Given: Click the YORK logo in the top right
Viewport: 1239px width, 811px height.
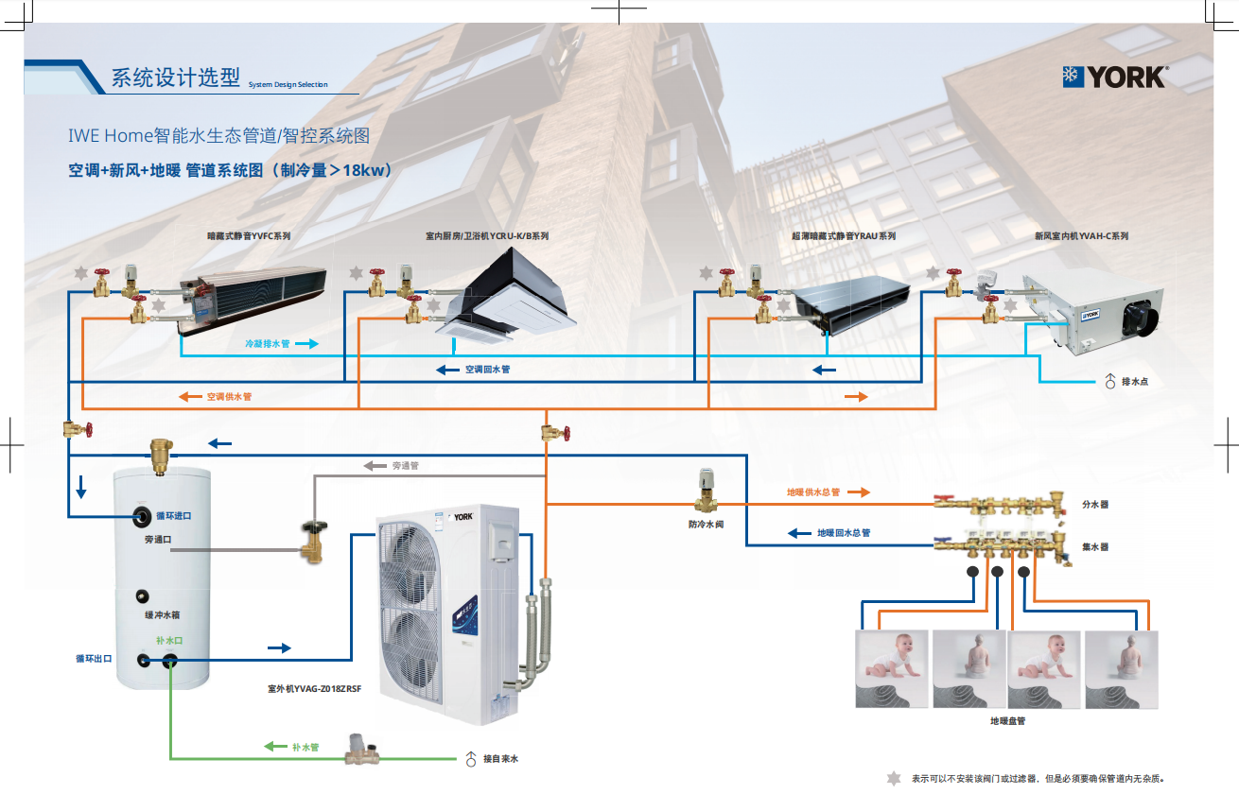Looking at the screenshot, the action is [x=1115, y=78].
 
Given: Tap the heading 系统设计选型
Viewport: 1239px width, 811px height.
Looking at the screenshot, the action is [x=176, y=78].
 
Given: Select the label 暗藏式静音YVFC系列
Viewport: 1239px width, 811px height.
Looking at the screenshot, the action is [x=249, y=236].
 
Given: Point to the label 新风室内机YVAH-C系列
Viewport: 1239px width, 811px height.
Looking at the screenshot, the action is [x=1081, y=236].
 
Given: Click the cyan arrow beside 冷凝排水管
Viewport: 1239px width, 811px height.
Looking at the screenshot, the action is [x=307, y=344].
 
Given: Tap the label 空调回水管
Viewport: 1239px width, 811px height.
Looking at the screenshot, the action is [x=487, y=370].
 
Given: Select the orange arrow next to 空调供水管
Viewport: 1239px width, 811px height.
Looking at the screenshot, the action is [x=190, y=396].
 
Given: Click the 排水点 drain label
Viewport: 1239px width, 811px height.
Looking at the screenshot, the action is [x=1134, y=382].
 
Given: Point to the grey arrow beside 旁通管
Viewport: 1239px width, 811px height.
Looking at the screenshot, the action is [x=375, y=466].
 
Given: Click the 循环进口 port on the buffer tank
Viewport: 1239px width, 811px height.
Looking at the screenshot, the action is [x=142, y=517].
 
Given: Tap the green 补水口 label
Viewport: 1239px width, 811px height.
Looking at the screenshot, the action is [x=169, y=640].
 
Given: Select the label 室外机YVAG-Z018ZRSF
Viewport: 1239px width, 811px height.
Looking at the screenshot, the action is [x=314, y=689].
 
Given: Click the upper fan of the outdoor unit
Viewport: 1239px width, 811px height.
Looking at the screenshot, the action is [x=410, y=564].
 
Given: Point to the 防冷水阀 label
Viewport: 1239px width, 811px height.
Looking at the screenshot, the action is [x=706, y=524].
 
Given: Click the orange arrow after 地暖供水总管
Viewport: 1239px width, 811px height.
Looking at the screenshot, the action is [x=859, y=492].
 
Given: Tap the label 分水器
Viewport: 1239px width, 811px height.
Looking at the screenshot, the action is [x=1095, y=504].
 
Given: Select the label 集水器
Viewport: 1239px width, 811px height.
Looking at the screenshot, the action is [x=1095, y=546].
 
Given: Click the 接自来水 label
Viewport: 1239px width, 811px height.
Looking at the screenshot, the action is [x=500, y=758].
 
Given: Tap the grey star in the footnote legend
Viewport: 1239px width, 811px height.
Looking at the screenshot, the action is [x=893, y=778].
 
